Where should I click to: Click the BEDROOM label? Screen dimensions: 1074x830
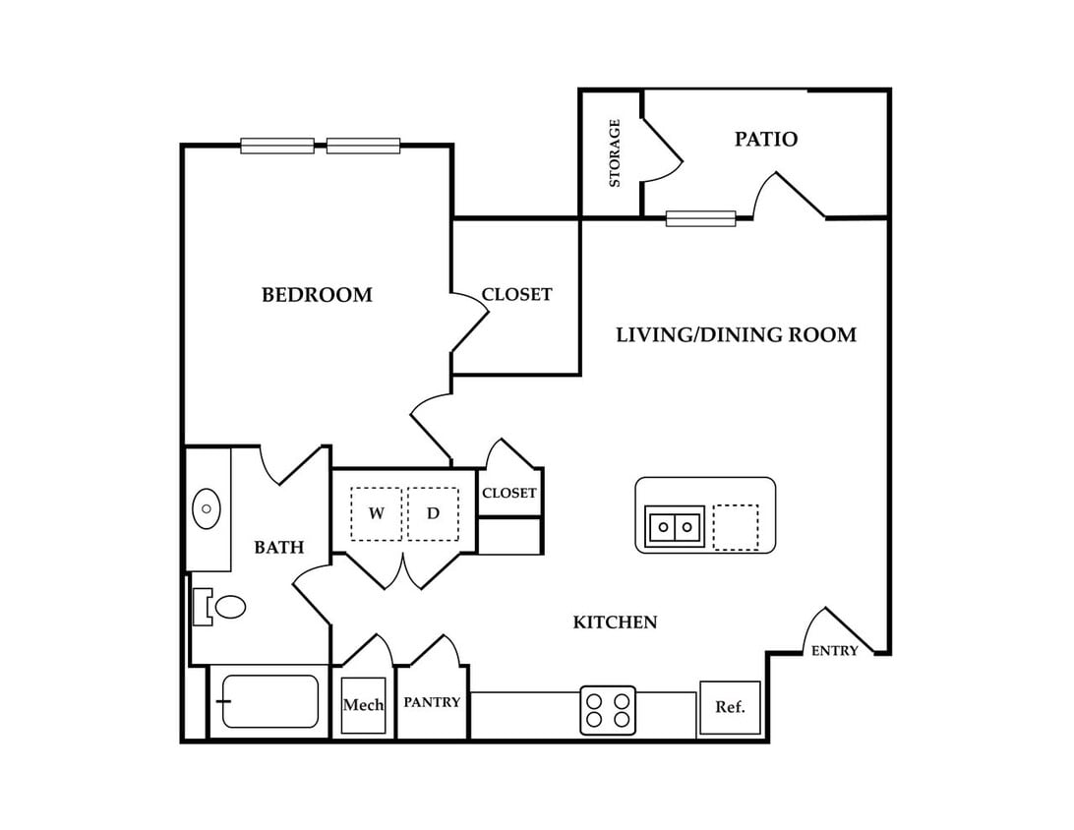coord(317,295)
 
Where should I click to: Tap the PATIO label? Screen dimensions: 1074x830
coord(766,139)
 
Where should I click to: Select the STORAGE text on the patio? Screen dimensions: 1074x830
coord(615,152)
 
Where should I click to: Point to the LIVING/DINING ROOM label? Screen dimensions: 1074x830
coord(737,335)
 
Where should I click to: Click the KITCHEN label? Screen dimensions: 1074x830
coord(615,622)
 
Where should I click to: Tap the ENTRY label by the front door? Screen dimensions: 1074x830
coord(834,651)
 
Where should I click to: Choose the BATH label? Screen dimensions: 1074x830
coord(278,547)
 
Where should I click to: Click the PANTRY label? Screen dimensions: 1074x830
coord(432,702)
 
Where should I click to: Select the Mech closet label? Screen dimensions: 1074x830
coord(363,705)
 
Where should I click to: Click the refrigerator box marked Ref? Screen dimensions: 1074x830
coord(730,707)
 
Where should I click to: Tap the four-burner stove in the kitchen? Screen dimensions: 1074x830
coord(608,710)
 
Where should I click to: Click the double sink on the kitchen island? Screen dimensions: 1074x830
coord(675,527)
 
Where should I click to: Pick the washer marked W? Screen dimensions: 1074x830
coord(376,513)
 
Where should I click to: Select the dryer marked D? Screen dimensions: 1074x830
coord(433,513)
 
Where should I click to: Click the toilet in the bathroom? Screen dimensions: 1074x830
coord(220,607)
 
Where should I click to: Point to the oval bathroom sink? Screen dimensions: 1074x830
coord(206,508)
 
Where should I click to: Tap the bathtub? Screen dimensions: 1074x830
coord(269,701)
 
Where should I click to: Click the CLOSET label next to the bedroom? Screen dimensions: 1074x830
coord(516,294)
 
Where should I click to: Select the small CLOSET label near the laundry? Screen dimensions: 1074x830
coord(508,493)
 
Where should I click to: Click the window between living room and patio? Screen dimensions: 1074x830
coord(700,219)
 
